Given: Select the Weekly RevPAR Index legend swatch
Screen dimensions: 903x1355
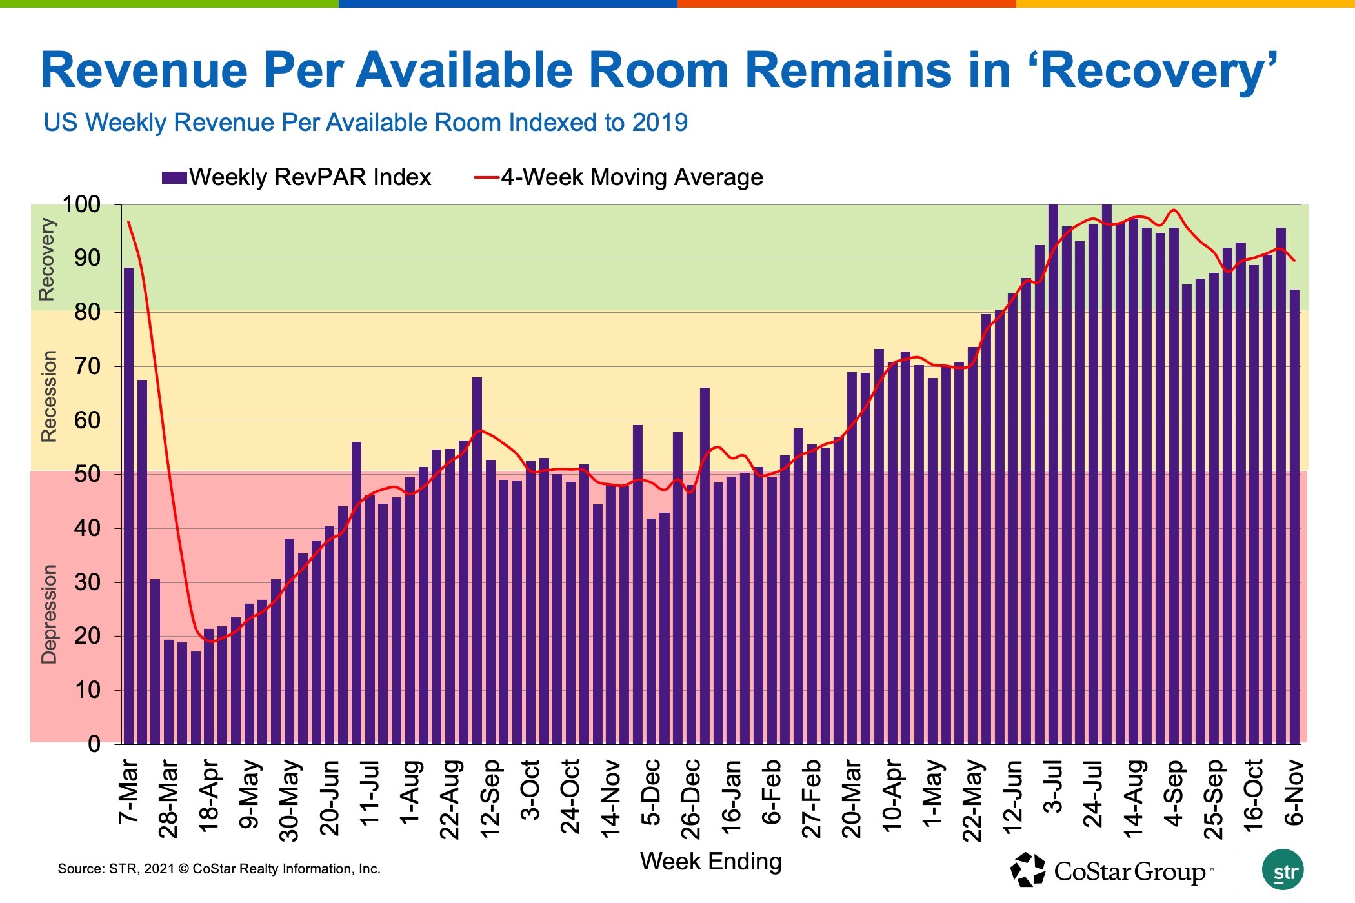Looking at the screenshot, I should pyautogui.click(x=174, y=177).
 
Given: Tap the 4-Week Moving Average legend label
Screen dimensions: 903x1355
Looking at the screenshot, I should pyautogui.click(x=632, y=177).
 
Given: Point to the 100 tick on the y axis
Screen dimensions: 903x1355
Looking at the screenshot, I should pyautogui.click(x=82, y=205).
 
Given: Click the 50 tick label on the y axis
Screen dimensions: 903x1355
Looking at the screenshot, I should pyautogui.click(x=88, y=474).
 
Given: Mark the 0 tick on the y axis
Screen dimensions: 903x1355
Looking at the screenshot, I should pyautogui.click(x=94, y=744).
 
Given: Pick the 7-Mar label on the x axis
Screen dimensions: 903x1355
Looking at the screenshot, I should pyautogui.click(x=128, y=792).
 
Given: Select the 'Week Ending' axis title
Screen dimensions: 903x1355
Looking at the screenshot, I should pyautogui.click(x=710, y=862).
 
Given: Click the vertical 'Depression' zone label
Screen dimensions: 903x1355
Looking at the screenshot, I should pyautogui.click(x=49, y=614).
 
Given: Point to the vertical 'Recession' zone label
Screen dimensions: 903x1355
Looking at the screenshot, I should pyautogui.click(x=49, y=396).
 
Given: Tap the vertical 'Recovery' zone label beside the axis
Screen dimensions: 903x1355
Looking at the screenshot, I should pyautogui.click(x=47, y=259).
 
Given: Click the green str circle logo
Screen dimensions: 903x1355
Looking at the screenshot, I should pyautogui.click(x=1283, y=870).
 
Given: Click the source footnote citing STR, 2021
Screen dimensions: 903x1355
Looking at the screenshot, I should pyautogui.click(x=219, y=869).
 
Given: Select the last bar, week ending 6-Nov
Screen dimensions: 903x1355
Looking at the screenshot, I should pyautogui.click(x=1294, y=516).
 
